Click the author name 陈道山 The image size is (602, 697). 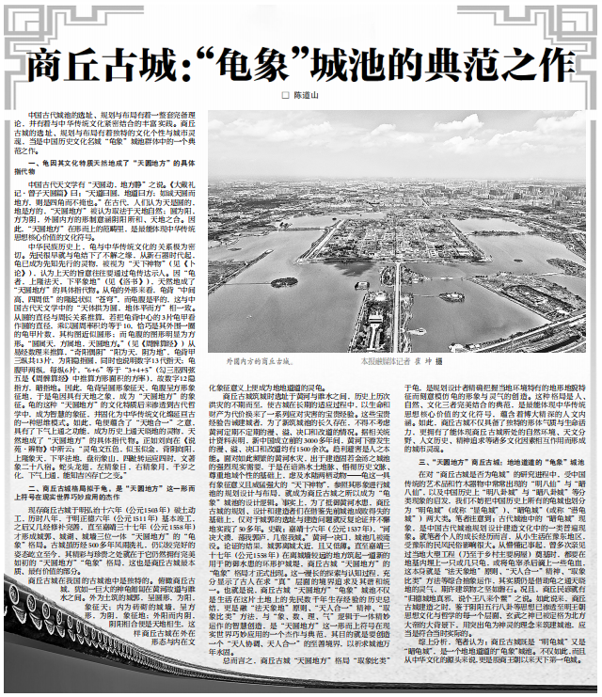tap(307, 95)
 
